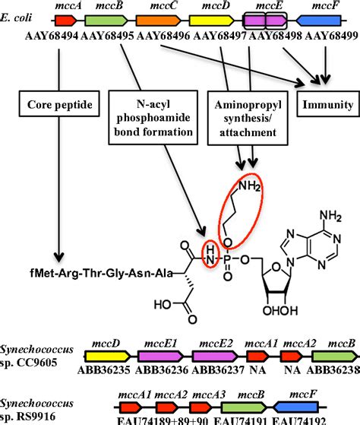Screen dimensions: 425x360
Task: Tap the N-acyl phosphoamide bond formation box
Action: [x=154, y=119]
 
